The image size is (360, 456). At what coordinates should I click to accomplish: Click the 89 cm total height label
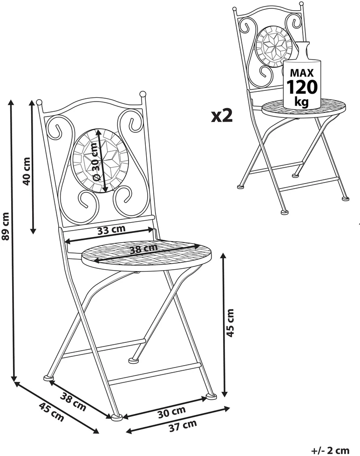click(x=6, y=226)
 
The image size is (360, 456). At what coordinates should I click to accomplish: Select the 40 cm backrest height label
click(x=27, y=171)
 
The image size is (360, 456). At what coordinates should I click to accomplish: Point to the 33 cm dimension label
click(x=111, y=230)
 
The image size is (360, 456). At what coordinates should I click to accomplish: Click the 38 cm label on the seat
click(x=143, y=249)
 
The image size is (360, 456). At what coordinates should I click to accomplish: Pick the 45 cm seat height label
click(x=230, y=323)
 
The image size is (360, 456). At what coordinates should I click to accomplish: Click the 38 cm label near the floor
click(x=73, y=402)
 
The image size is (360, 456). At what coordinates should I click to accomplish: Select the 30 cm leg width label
click(x=171, y=412)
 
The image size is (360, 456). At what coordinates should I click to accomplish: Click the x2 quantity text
click(x=222, y=116)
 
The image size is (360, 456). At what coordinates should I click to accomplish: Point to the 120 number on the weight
click(x=302, y=87)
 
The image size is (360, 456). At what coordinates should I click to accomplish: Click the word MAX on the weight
click(x=302, y=72)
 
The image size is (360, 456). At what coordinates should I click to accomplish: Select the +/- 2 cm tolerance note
click(x=330, y=450)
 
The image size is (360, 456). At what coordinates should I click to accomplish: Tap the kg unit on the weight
click(x=301, y=102)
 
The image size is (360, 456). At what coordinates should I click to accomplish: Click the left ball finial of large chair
click(x=39, y=102)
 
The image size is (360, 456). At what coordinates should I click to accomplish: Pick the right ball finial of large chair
click(x=143, y=94)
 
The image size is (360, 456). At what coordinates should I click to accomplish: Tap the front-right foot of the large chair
click(x=211, y=396)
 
